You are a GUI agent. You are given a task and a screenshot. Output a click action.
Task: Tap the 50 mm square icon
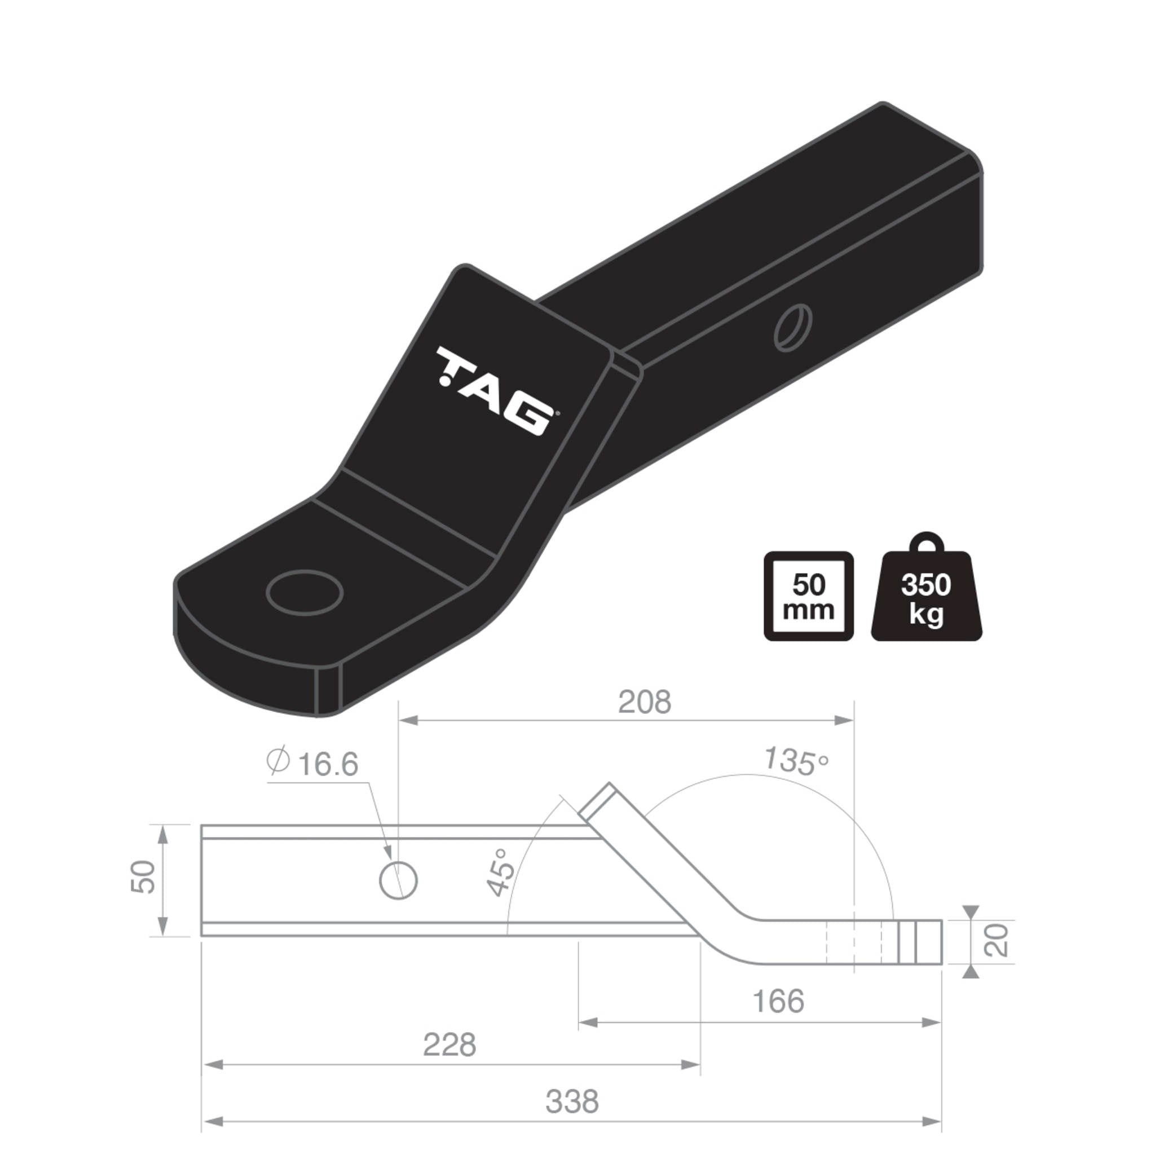coord(808,597)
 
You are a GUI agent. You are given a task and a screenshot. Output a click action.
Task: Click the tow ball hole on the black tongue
coord(305,593)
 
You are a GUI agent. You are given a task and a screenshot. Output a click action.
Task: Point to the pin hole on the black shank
coord(793,328)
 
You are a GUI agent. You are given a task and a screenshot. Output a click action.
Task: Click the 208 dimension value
coord(644,703)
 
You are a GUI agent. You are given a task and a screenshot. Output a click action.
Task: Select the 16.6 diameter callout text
coord(328,765)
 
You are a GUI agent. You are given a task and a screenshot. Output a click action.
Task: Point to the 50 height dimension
coord(143,878)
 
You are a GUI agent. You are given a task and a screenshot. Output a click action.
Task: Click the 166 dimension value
coord(778,1002)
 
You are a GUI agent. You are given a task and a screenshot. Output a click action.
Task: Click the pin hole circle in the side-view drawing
coord(398,880)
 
